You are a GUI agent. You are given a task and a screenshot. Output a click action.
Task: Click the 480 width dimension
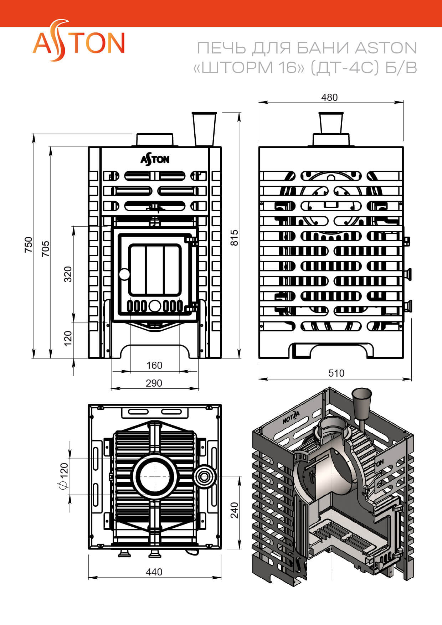(x=329, y=97)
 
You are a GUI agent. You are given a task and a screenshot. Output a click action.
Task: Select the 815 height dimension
(x=234, y=237)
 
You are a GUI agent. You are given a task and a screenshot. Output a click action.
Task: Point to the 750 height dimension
(x=28, y=245)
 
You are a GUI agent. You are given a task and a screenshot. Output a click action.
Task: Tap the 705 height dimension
(x=45, y=249)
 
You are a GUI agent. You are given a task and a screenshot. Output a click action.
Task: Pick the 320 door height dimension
(x=68, y=274)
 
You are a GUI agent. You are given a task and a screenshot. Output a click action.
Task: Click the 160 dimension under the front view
(x=154, y=365)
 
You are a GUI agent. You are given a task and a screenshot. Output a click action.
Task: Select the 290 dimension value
(x=154, y=383)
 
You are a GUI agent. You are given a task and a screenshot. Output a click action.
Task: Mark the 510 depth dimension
(x=336, y=373)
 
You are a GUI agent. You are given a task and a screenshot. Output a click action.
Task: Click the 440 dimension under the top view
(x=154, y=572)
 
